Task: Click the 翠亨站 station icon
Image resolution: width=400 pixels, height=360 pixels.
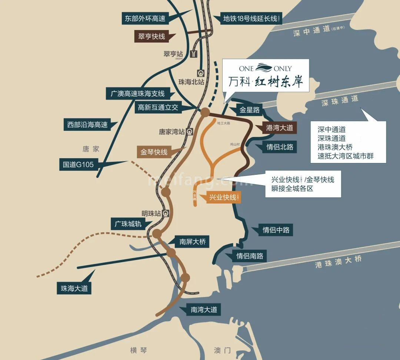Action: coord(193,54)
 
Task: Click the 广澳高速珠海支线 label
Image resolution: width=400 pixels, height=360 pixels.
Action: coord(138,93)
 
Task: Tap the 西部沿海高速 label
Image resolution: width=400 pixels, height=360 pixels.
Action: coord(87,125)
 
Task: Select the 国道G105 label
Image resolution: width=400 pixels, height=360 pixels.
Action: coord(78,164)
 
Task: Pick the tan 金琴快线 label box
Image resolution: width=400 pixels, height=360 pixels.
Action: coord(154,152)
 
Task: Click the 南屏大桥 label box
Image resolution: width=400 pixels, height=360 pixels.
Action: coord(192,242)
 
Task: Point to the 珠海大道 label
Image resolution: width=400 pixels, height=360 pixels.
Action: coord(74,288)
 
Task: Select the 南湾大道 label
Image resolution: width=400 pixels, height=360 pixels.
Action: coord(204,310)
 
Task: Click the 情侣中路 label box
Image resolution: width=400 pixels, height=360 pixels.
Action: coord(276,230)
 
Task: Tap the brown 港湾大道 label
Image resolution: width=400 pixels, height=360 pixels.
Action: coord(280,128)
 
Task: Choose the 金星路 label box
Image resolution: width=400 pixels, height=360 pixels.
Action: coord(249,110)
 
